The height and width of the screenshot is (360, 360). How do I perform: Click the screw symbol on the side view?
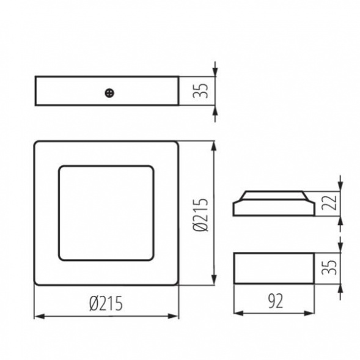pos(109,93)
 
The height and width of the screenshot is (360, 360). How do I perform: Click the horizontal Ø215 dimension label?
pos(106,303)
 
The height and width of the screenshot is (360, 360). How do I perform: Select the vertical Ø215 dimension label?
pos(200,214)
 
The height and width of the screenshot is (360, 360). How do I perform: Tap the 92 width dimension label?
pos(276,301)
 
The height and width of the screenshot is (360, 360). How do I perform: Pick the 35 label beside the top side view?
pos(200,90)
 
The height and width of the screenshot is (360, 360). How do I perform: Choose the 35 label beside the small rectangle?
pos(329,267)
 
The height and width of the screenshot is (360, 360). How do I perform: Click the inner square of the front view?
pos(106,213)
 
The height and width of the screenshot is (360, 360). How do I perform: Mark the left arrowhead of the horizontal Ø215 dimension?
pos(39,317)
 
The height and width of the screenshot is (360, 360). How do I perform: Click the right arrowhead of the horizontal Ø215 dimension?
pos(173,317)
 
